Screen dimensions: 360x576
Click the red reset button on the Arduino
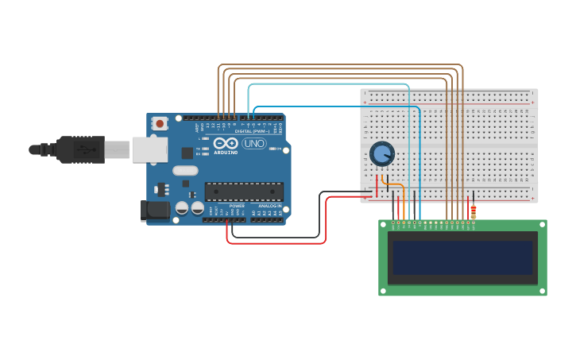coord(160,123)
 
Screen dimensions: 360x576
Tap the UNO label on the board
coord(254,144)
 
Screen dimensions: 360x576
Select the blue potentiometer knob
coord(382,153)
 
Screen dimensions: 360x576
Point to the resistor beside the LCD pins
coord(474,211)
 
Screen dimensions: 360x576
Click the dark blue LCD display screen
coord(462,257)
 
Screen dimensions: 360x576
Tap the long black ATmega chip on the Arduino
coord(244,192)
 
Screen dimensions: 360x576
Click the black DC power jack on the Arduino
coord(153,211)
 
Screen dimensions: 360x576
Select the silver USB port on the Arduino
coord(149,149)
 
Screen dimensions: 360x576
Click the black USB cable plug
coord(79,149)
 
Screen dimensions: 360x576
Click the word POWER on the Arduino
coord(237,206)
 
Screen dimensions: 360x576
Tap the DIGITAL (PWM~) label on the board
coord(253,131)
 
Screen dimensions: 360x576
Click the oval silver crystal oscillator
coord(185,170)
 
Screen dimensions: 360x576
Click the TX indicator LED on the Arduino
coord(204,149)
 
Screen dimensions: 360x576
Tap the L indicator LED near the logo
coord(204,139)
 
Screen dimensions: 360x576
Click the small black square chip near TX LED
coord(187,153)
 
